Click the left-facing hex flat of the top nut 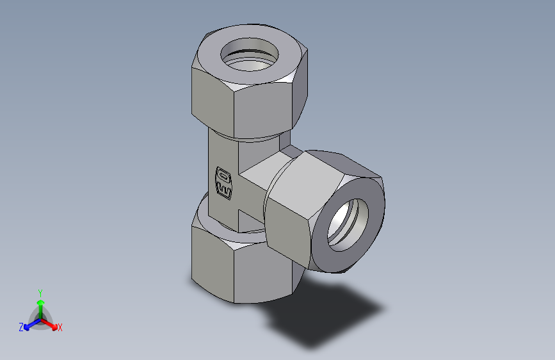[212, 96]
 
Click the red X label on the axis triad [60, 328]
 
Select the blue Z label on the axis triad [21, 327]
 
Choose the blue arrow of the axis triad [29, 324]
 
